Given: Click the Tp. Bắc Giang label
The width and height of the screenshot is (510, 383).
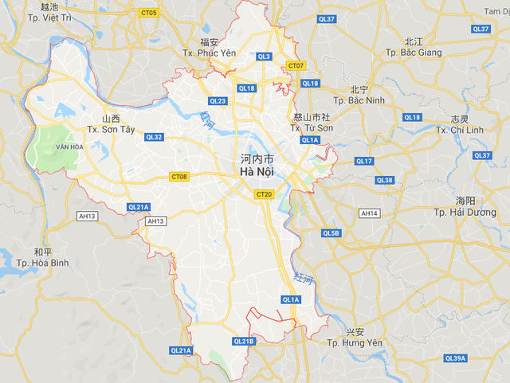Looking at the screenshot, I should (x=413, y=53).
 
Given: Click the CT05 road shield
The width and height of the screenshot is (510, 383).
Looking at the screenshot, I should (x=148, y=13).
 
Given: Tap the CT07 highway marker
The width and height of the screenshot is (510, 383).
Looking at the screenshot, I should (x=296, y=65).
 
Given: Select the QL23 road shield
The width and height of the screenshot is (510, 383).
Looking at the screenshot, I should (x=218, y=101).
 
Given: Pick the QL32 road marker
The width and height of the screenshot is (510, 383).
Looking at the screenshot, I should (x=154, y=137).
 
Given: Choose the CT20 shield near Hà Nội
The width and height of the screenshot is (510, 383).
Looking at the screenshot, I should (x=265, y=194).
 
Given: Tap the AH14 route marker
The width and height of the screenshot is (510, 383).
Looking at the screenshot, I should (x=369, y=213).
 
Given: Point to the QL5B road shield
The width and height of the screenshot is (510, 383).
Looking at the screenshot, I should (x=331, y=233).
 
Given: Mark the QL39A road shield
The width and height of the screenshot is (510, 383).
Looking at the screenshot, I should (x=455, y=358).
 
